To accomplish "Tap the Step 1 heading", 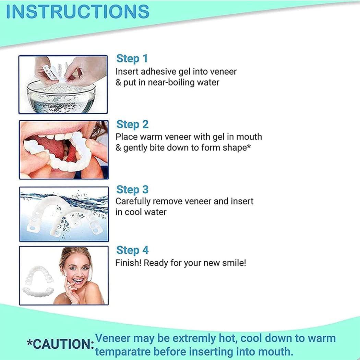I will point(132,59).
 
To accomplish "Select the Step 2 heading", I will point(132,124).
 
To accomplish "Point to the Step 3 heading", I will point(132,190).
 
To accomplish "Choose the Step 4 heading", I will point(132,250).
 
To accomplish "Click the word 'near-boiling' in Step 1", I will point(167,83).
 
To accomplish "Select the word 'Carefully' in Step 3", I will point(134,201).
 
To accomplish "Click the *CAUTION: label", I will point(60,344).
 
